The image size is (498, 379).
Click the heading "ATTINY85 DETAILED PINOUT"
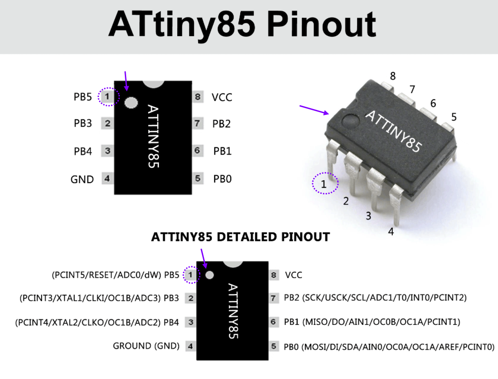240,237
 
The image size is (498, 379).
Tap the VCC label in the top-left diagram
222,97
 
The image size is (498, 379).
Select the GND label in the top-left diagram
82,180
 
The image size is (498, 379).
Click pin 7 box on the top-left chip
197,124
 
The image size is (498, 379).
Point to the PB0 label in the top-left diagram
222,179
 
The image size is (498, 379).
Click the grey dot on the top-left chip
131,103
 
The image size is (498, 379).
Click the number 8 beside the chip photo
393,76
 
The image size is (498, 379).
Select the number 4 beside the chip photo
391,232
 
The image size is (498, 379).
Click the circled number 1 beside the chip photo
324,183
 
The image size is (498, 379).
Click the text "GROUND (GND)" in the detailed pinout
146,346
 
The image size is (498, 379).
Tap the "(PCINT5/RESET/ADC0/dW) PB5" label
115,275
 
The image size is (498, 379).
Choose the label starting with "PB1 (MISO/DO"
372,322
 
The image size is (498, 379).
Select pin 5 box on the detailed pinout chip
274,346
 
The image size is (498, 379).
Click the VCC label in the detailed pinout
294,275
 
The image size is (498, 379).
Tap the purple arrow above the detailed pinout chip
204,258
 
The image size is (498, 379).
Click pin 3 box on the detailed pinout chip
191,322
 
